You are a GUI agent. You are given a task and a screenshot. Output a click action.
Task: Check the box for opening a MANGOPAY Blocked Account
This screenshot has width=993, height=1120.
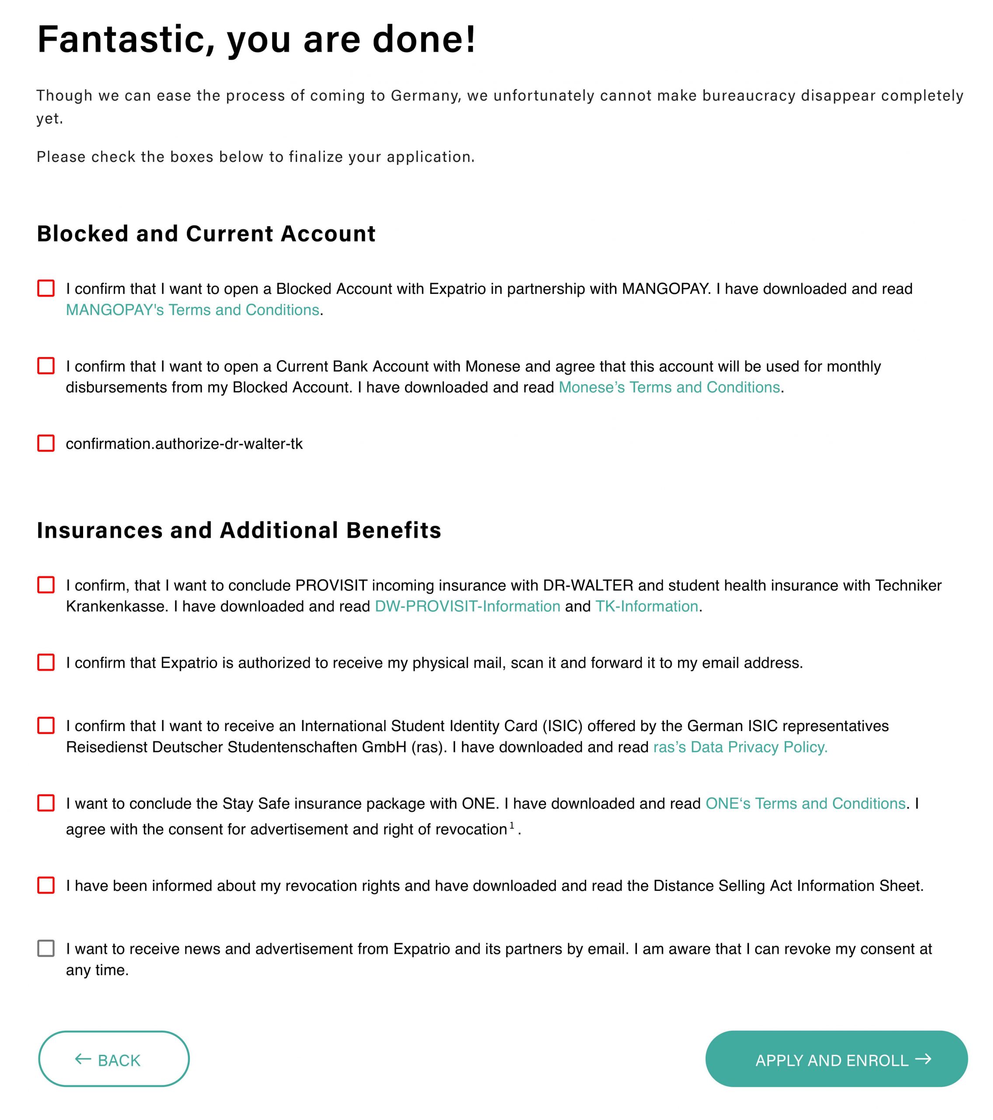46,288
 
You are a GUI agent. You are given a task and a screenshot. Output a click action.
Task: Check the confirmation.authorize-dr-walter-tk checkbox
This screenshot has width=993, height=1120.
46,443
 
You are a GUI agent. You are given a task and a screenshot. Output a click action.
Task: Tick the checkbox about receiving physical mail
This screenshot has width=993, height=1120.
46,662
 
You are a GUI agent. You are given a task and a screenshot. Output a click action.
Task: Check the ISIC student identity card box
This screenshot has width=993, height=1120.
46,725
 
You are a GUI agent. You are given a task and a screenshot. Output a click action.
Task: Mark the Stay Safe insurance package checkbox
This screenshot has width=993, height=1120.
46,803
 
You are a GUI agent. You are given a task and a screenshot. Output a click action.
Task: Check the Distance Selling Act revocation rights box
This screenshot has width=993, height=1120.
46,885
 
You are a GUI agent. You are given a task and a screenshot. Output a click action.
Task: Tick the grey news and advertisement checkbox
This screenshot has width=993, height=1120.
46,948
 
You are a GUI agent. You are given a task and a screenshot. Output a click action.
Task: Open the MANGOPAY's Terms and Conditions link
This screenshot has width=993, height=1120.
192,310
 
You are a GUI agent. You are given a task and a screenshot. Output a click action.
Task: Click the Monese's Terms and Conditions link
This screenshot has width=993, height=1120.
669,387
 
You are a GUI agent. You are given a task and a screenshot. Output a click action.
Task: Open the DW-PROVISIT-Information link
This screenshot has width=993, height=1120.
468,606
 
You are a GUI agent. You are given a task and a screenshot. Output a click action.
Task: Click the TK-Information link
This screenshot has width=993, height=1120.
647,606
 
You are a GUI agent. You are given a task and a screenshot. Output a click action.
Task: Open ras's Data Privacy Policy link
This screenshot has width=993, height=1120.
740,747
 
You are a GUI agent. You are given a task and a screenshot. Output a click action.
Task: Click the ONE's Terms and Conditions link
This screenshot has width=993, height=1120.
805,803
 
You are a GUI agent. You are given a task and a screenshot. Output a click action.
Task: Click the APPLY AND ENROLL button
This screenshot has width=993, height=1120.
836,1060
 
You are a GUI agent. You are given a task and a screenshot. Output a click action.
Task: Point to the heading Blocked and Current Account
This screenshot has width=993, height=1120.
206,234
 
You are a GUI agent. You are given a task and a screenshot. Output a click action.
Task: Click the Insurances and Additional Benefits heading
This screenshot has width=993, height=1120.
239,530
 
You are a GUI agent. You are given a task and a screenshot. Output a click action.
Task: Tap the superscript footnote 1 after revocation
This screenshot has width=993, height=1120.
512,825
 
